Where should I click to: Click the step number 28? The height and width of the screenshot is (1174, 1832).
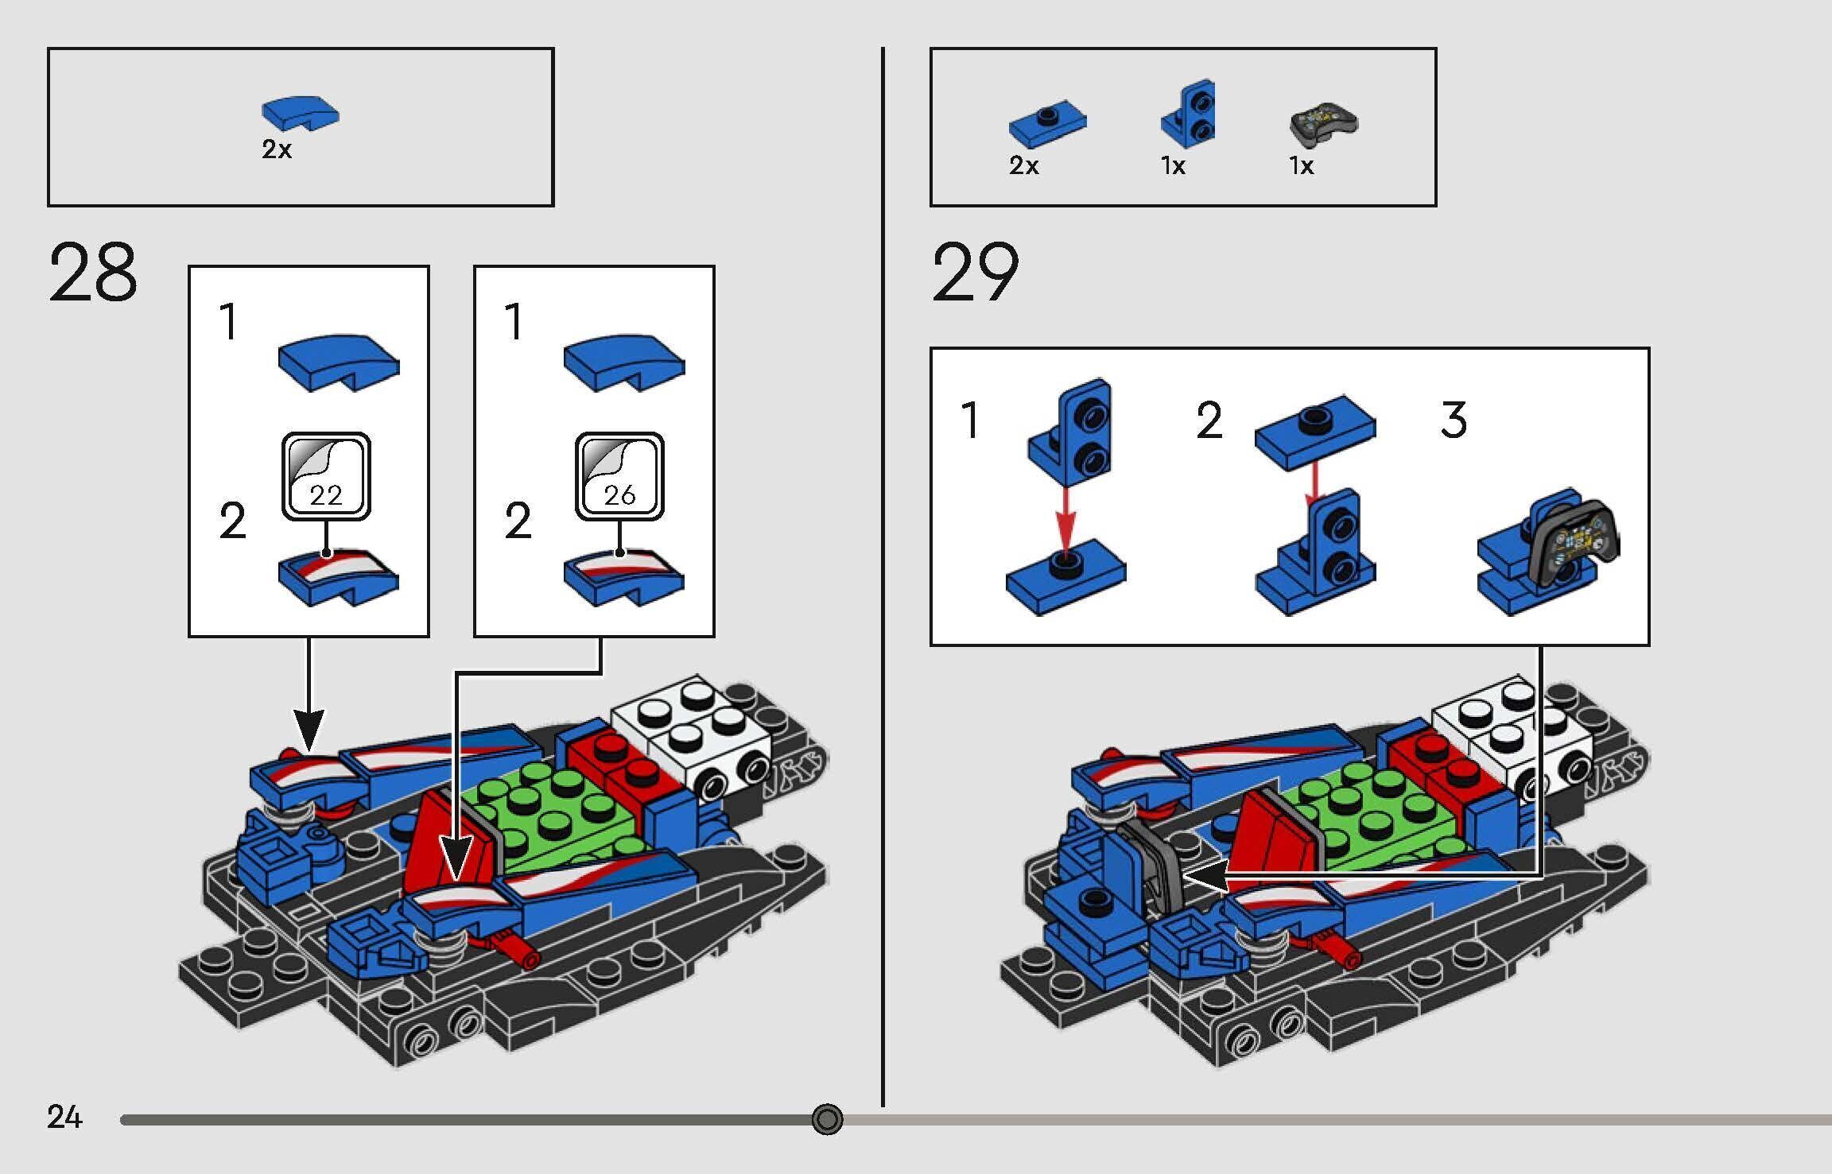[x=93, y=273]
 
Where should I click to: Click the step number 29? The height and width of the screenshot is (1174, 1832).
[x=975, y=273]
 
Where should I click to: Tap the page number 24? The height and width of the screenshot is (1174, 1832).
[x=64, y=1118]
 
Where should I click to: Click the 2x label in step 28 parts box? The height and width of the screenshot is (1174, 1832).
[x=277, y=149]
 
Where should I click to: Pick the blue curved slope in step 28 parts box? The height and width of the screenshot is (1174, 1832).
[x=300, y=113]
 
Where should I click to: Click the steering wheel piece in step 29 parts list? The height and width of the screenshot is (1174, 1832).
[x=1323, y=124]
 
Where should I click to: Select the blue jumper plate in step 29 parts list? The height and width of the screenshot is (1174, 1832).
[x=1047, y=126]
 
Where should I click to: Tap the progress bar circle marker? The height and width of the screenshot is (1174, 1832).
[x=827, y=1119]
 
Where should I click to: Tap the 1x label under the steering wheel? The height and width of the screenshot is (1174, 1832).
[x=1302, y=166]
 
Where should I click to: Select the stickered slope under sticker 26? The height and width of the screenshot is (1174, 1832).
[x=623, y=579]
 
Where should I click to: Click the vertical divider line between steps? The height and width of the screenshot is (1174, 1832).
[x=883, y=572]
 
